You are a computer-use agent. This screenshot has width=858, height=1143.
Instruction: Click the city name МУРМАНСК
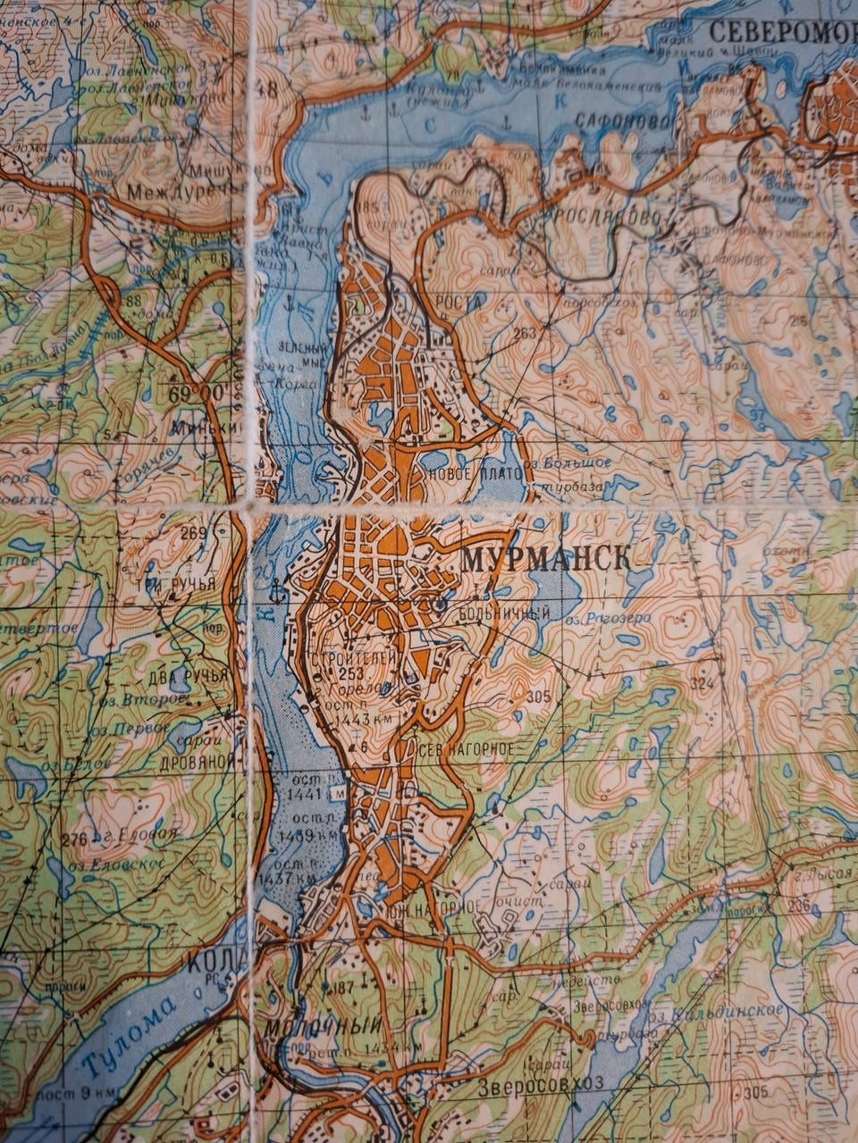[545, 560]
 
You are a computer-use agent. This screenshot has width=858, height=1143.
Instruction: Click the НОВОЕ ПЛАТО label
[475, 473]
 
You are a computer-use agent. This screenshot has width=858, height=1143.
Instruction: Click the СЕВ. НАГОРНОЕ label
[465, 749]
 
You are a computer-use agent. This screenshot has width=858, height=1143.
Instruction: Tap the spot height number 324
[702, 683]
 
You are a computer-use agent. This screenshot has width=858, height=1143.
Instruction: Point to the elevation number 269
[193, 534]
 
